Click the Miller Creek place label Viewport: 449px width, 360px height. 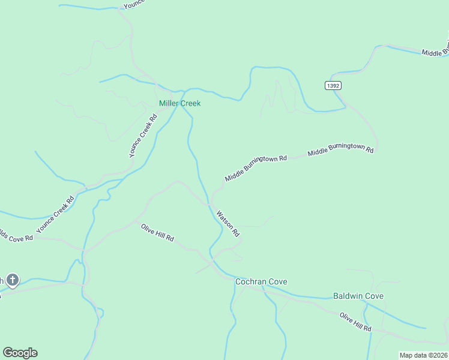[x=179, y=103]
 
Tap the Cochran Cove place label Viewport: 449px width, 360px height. [x=261, y=281]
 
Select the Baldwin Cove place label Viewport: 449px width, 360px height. [x=358, y=296]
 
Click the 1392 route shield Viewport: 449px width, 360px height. [x=334, y=86]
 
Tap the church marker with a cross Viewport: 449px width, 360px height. [x=13, y=280]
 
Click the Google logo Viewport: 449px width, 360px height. [x=20, y=353]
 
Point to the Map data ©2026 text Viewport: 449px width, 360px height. [x=424, y=355]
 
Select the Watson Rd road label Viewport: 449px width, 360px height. [x=228, y=223]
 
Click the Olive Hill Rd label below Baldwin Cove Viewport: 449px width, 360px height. [x=355, y=322]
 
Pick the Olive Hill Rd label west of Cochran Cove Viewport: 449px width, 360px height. [x=157, y=232]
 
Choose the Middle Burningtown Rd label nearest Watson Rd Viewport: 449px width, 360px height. [x=256, y=169]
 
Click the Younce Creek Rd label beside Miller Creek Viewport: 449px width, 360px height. [x=143, y=136]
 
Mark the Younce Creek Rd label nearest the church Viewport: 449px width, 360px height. [x=55, y=214]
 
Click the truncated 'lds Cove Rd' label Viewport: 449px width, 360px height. [x=16, y=236]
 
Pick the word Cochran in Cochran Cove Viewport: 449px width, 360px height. [x=249, y=281]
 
